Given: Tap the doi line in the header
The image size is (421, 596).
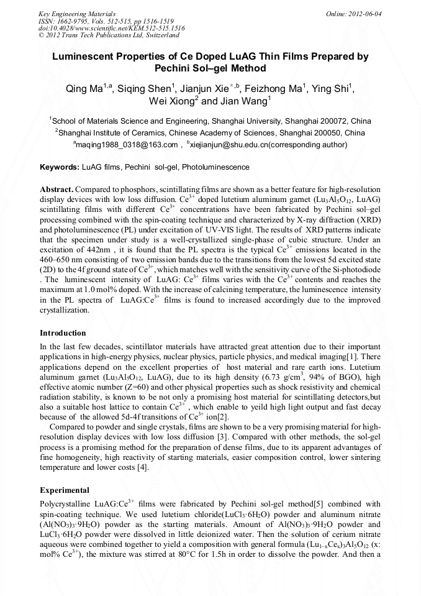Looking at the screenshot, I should coord(111,28).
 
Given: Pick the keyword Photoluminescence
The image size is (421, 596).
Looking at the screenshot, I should coord(215,167).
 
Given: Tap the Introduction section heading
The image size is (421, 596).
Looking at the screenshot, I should coord(63,333).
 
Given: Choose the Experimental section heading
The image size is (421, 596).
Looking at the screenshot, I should coord(64,490).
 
